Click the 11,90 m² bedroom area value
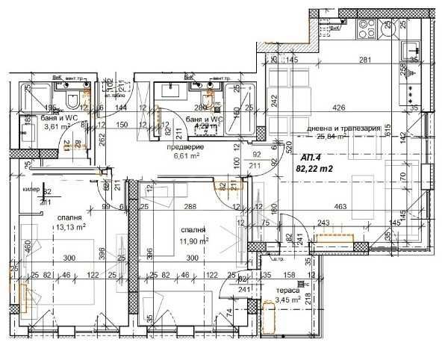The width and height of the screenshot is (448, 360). point(193,240)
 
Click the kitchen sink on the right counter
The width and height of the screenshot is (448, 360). point(413,51)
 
